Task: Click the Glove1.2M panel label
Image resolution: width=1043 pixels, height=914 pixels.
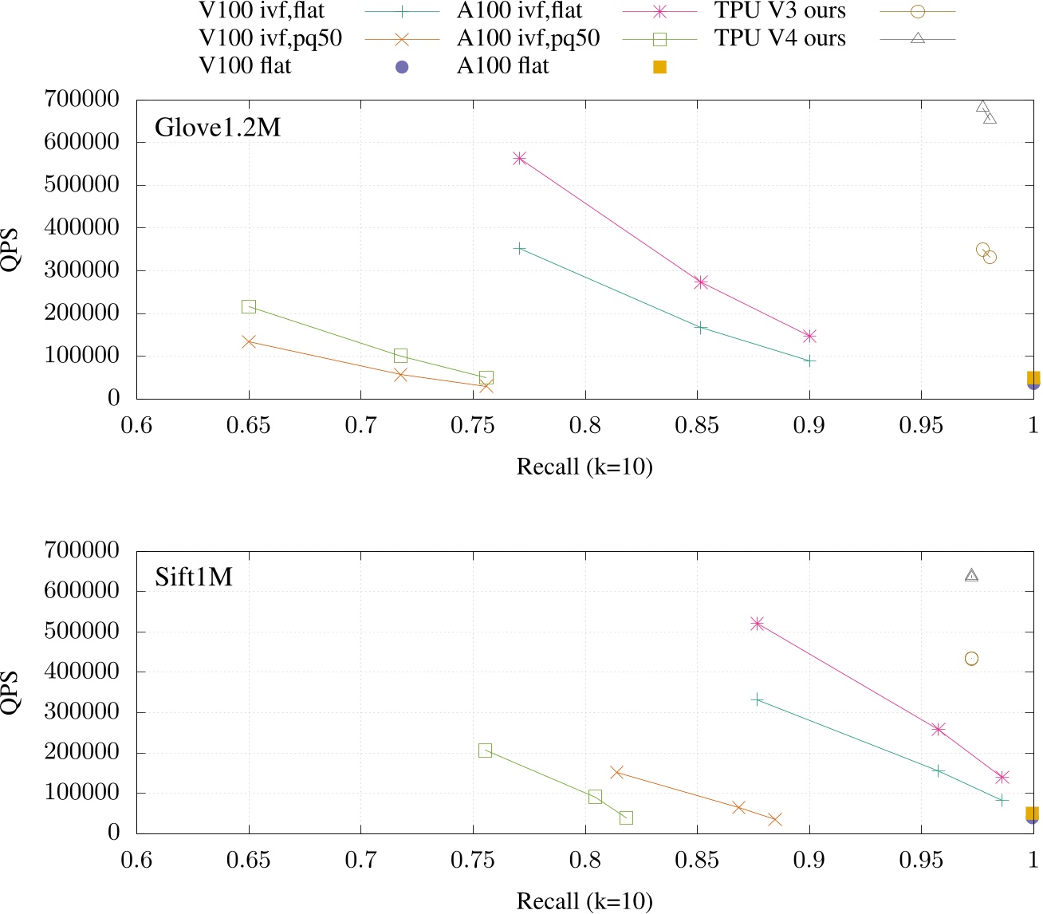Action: (x=218, y=128)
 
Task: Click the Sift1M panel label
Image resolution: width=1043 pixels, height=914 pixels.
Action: (x=194, y=577)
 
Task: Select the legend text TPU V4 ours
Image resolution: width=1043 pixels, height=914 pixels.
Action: (x=780, y=38)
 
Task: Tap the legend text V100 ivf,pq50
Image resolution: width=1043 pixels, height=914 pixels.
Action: (x=270, y=38)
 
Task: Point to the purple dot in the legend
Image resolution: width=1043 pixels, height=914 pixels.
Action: (x=403, y=67)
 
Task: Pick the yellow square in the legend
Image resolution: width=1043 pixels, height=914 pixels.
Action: (x=659, y=67)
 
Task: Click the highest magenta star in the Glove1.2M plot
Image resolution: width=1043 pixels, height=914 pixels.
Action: (x=520, y=159)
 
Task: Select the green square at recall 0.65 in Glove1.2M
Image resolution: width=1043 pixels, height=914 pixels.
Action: (x=249, y=307)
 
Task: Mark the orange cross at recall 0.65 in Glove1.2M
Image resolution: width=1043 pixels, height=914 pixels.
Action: (x=249, y=341)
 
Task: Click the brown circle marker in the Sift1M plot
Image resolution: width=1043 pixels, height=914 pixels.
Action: (x=971, y=659)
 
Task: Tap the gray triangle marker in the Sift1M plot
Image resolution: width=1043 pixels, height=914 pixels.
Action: (x=971, y=575)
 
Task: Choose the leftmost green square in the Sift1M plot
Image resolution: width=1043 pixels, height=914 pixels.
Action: (x=485, y=751)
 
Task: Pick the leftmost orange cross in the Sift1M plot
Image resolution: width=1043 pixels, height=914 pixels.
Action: (x=616, y=772)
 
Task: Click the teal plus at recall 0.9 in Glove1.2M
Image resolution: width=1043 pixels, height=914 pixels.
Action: (x=809, y=361)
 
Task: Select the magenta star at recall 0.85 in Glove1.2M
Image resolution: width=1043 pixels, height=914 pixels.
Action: (x=701, y=282)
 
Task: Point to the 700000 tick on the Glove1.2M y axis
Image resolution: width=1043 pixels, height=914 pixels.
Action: (x=83, y=100)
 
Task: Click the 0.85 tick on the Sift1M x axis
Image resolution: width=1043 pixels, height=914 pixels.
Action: (x=697, y=861)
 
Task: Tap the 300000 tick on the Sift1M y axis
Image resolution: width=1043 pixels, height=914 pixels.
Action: (x=83, y=712)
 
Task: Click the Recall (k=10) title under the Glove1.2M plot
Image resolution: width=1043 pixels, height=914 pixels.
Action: (x=584, y=467)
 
